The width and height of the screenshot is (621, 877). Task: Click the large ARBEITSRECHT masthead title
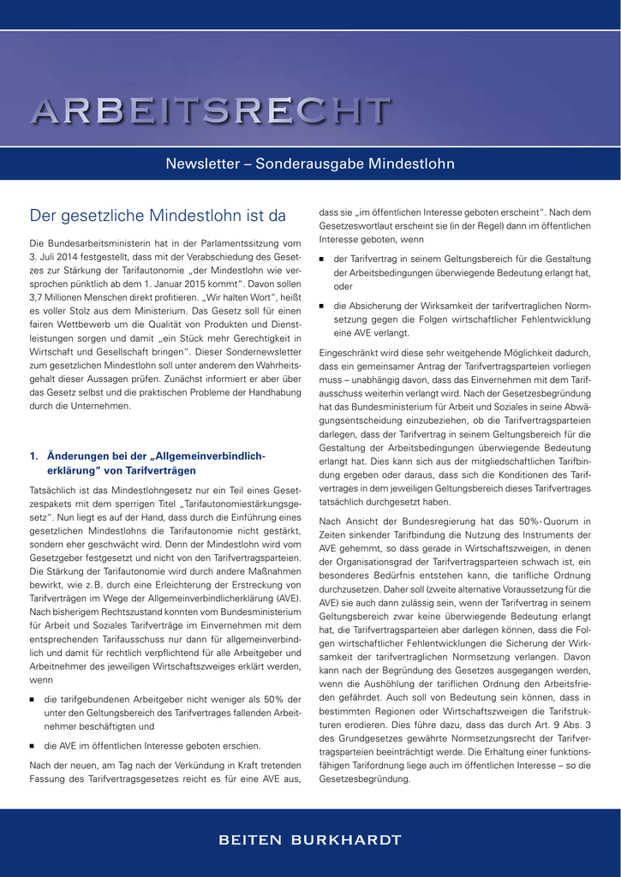tap(212, 111)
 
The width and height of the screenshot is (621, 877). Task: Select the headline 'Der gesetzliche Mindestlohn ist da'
tap(158, 216)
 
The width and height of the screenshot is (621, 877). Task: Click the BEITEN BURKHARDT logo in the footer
tap(310, 840)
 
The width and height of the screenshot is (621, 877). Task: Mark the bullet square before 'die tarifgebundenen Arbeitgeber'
tap(33, 700)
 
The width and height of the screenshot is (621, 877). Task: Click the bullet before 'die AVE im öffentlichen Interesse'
tap(33, 746)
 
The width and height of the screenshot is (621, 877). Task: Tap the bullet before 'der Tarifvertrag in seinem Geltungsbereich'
tap(322, 260)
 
